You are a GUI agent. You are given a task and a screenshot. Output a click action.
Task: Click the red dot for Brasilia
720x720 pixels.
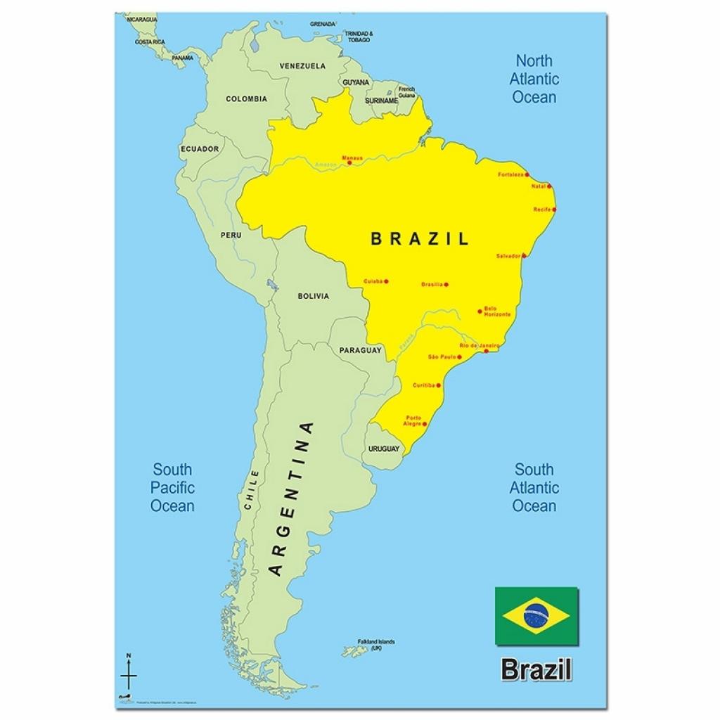tap(446, 285)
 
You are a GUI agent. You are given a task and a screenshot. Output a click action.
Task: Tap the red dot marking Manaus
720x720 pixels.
tap(349, 163)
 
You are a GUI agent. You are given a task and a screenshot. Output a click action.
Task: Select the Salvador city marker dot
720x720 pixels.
tap(524, 256)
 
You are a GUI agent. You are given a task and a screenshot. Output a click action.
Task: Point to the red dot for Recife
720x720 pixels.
tap(554, 210)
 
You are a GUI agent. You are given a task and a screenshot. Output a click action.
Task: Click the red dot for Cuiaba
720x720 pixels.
tap(386, 282)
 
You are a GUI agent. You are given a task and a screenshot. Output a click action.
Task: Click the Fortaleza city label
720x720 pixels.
tap(510, 174)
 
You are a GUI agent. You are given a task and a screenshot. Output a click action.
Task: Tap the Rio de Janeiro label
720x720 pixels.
tap(478, 346)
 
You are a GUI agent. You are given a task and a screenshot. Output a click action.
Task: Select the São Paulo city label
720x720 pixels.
tap(442, 357)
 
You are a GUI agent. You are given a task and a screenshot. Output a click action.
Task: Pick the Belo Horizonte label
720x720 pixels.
tap(497, 311)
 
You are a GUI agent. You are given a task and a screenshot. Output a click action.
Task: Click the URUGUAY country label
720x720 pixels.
tap(384, 449)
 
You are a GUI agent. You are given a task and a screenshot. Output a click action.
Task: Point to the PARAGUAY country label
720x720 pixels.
tap(360, 350)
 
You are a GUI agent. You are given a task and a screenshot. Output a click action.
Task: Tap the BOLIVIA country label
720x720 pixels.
tap(313, 296)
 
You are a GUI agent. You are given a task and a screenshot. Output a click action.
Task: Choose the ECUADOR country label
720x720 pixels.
tap(200, 149)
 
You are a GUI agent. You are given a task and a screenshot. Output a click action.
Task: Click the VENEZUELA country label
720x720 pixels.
tap(302, 66)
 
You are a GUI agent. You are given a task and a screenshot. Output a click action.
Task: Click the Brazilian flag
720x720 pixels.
tap(536, 616)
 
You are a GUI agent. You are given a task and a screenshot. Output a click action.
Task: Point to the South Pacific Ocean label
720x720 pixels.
tap(172, 487)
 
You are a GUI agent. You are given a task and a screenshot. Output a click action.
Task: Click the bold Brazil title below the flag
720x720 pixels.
tap(536, 669)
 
